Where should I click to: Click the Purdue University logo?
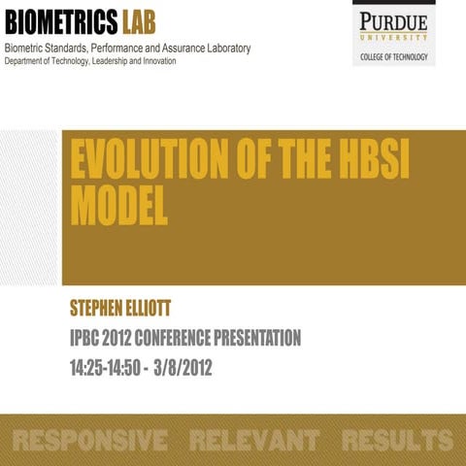click(392, 23)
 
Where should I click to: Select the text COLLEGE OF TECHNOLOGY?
click(392, 57)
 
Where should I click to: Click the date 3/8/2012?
click(181, 369)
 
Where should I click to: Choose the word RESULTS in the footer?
click(397, 440)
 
